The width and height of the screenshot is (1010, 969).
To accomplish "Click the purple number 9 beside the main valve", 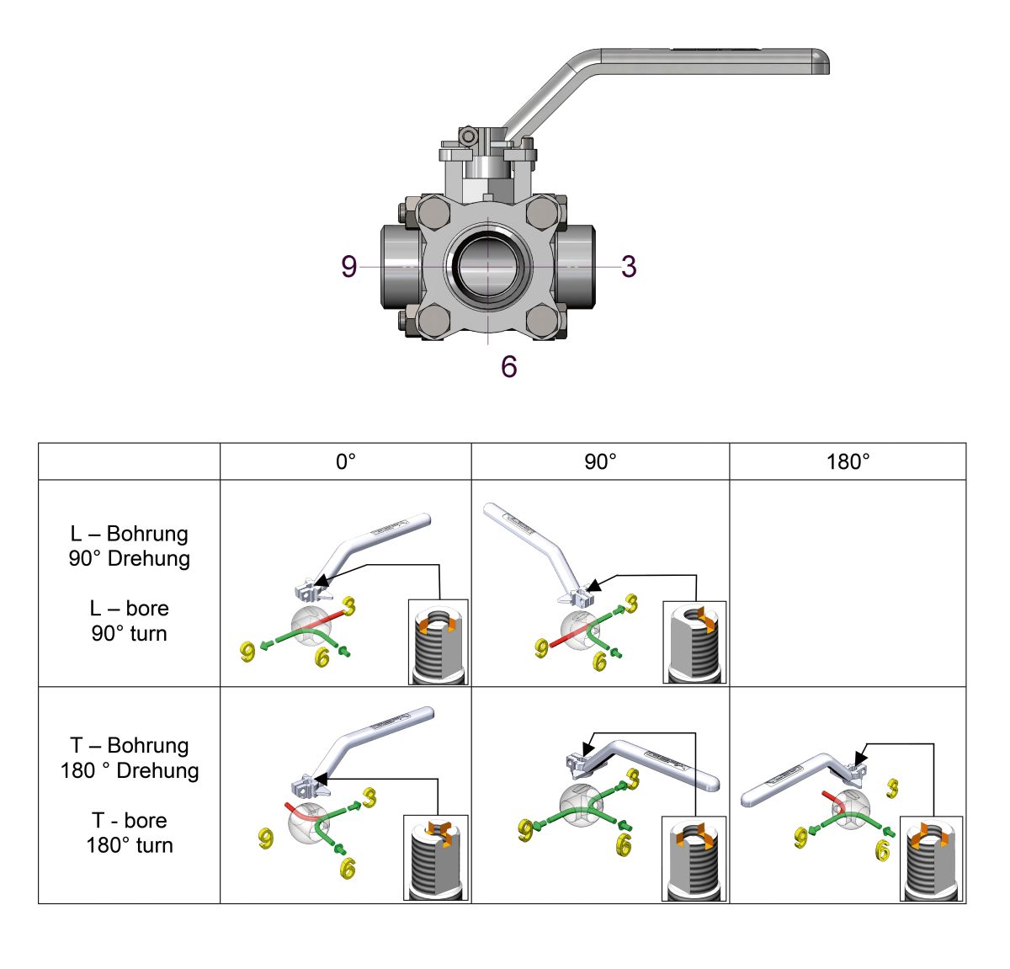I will [349, 266].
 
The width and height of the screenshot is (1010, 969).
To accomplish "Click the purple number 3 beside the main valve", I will [628, 266].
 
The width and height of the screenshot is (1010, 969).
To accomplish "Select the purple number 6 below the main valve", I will [508, 366].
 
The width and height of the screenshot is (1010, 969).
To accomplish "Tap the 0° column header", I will [346, 461].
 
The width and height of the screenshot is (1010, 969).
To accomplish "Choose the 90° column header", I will [600, 461].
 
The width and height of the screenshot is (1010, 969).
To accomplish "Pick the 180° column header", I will [848, 461].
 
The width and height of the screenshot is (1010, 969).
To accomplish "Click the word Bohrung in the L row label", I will [147, 534].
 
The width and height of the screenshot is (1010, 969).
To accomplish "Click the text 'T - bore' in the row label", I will [129, 820].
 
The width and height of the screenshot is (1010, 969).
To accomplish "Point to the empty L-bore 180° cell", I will [848, 583].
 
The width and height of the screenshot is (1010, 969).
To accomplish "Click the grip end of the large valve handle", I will [808, 61].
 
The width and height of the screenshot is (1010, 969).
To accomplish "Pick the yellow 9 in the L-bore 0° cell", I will [247, 652].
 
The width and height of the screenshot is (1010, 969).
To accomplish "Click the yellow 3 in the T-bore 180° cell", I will [893, 788].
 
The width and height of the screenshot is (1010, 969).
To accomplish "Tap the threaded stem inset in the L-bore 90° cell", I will [694, 642].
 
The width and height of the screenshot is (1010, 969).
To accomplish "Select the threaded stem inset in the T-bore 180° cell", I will [931, 859].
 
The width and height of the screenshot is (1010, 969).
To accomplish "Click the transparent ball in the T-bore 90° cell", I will [582, 803].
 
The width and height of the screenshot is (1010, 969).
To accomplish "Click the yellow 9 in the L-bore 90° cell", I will [542, 647].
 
